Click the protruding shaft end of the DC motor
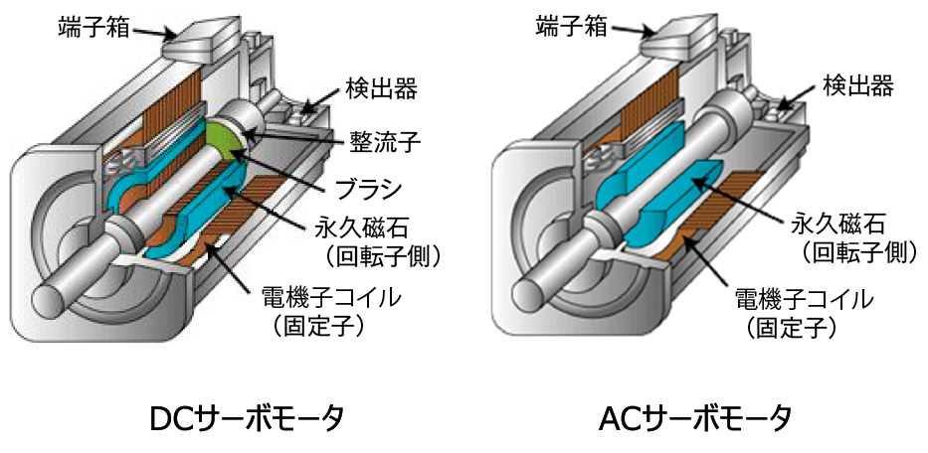pyautogui.click(x=55, y=291)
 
